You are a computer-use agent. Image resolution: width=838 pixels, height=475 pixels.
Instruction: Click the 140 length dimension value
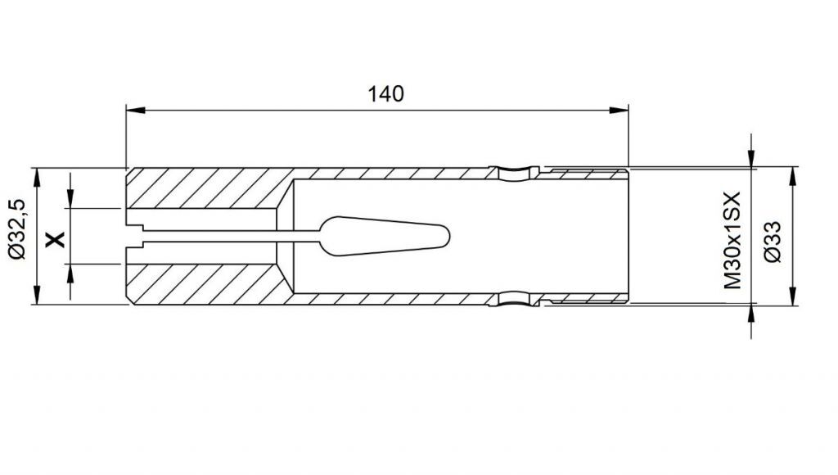tap(385, 93)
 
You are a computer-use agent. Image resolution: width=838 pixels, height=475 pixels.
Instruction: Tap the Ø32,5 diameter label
tap(17, 229)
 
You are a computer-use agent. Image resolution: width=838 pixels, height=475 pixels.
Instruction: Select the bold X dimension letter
tap(55, 239)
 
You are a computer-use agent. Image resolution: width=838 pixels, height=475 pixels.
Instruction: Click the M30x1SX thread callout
tap(732, 240)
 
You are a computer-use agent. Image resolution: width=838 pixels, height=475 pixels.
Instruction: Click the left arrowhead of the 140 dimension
tap(136, 111)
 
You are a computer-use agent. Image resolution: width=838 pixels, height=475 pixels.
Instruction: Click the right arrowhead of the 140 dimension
tap(619, 111)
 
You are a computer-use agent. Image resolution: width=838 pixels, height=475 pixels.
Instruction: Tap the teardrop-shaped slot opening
tap(384, 236)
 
